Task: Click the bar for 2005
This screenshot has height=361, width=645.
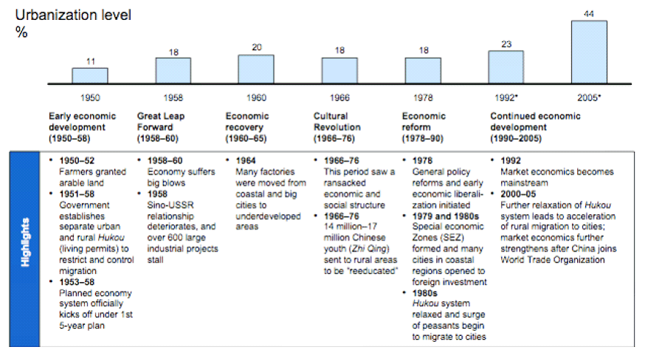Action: click(x=589, y=52)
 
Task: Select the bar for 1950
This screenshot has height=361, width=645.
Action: click(x=89, y=75)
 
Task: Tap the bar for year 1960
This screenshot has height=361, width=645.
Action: click(x=256, y=69)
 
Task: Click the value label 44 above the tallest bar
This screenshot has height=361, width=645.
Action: click(x=589, y=13)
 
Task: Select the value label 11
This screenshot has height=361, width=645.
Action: click(x=89, y=61)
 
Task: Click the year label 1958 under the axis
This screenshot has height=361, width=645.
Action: click(x=173, y=97)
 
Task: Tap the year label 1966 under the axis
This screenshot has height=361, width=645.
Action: click(x=340, y=97)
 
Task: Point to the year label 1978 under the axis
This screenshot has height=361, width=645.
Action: click(x=423, y=97)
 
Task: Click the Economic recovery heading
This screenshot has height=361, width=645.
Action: click(x=248, y=122)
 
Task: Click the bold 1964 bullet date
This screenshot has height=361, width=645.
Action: click(x=246, y=160)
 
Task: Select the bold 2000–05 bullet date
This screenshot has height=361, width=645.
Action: click(x=518, y=193)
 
